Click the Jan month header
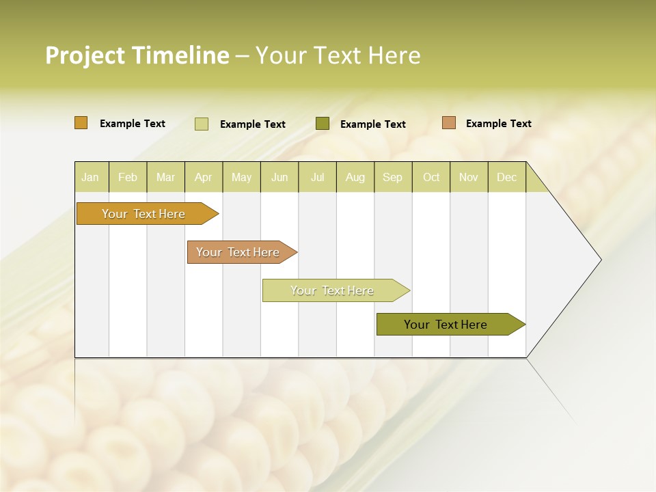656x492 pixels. pos(90,177)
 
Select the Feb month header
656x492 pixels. pos(128,177)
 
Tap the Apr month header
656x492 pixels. pos(203,177)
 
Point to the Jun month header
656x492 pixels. pos(279,177)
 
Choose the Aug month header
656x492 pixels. pos(355,177)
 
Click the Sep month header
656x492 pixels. pos(392,177)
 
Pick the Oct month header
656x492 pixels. pos(431,177)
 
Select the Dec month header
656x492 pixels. pos(506,177)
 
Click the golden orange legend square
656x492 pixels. pos(81,123)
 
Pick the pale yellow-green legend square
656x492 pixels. pos(202,124)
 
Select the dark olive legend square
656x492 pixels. pos(323,124)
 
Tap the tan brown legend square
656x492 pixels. pos(449,123)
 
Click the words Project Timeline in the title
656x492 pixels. pos(137,55)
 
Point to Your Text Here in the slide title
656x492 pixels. pos(338,55)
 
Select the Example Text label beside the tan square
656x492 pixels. pos(498,124)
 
